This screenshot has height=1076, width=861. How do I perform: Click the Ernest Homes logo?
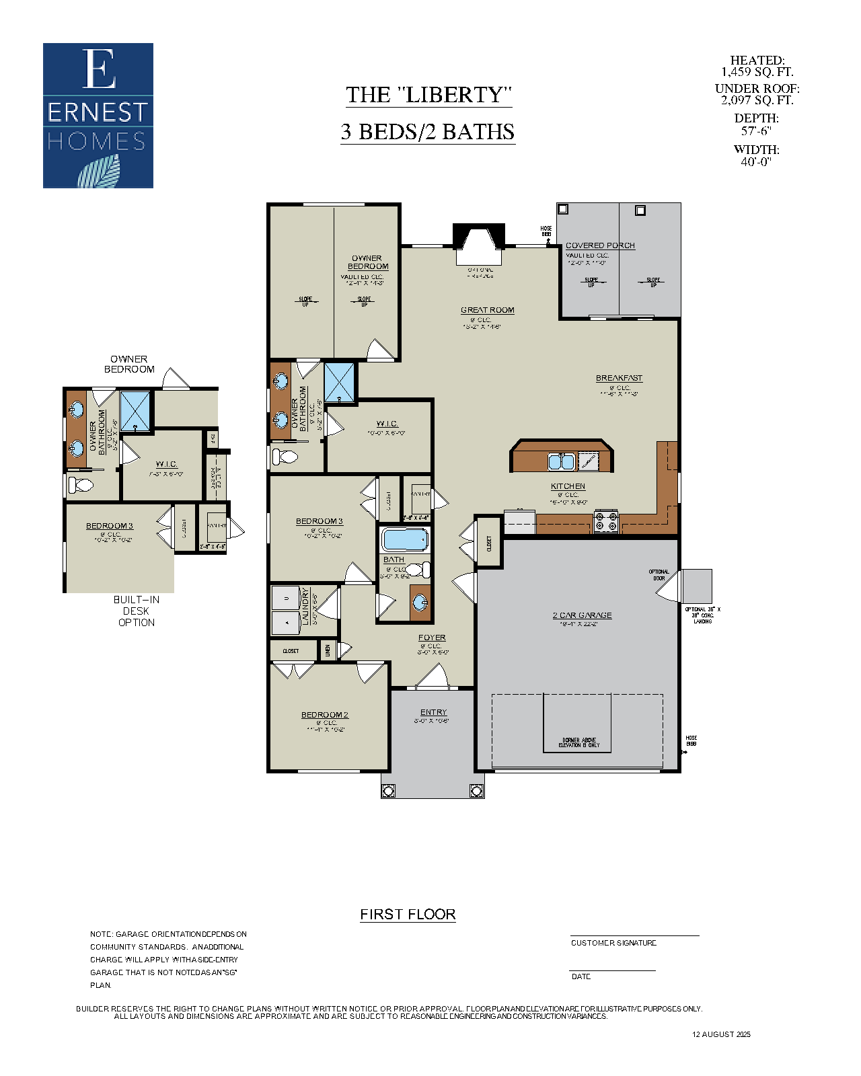98,115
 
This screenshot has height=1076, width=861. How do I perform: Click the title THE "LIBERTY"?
428,95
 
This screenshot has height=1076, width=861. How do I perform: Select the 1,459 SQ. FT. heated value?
757,72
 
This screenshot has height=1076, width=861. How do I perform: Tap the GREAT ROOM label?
487,310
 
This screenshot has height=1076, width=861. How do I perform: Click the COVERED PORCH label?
600,245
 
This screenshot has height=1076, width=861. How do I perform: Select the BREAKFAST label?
619,378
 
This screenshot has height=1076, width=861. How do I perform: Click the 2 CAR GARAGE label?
582,615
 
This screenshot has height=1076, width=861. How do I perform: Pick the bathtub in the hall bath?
404,539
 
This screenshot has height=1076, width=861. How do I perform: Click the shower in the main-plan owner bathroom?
340,382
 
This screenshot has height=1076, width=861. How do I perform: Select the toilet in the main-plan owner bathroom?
285,457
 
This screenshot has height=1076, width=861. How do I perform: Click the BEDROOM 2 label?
324,715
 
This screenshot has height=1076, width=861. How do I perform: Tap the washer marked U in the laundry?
287,597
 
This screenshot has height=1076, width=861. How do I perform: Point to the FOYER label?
432,638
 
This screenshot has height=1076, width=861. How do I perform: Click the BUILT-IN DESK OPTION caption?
136,611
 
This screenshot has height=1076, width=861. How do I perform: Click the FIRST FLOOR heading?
408,915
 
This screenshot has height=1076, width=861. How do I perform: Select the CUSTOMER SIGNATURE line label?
613,943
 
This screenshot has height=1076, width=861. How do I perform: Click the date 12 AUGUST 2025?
721,1034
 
